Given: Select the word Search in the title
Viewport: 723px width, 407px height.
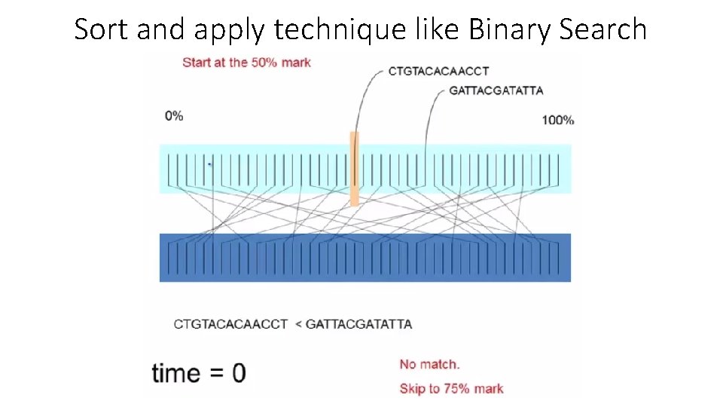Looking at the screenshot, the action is point(606,29).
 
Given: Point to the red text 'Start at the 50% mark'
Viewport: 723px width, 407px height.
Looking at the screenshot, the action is point(246,62).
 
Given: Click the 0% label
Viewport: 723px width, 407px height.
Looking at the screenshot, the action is point(174,115).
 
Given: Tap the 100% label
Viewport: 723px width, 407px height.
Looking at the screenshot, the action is point(557,120).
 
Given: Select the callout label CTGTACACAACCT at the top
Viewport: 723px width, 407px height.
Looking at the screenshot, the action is point(438,71).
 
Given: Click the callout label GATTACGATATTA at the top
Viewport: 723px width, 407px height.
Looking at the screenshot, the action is point(496,90).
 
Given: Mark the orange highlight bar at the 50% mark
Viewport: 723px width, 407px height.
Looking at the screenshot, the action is point(354,168).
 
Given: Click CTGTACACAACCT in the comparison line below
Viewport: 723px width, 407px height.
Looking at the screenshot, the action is point(230,324).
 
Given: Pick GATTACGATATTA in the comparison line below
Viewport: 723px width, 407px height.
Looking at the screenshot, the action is point(359,324).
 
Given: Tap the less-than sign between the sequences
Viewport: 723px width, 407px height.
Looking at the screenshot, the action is point(298,324).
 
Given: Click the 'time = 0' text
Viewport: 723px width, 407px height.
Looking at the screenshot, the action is point(198,373).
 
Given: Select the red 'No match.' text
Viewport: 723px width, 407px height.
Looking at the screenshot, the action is point(429,364).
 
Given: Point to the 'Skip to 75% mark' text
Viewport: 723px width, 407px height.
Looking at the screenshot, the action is point(451,389).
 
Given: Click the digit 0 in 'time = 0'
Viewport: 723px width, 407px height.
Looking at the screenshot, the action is point(238,373).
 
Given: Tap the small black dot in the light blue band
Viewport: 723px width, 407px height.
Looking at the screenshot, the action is point(209,164).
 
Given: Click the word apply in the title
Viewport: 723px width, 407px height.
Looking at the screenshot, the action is point(230,29).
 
